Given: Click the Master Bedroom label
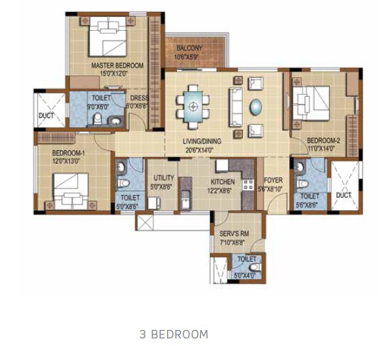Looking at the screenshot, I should [117, 65].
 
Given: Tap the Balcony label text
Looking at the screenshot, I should [189, 48].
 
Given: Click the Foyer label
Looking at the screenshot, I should [273, 180].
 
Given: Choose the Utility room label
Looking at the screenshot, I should [163, 178].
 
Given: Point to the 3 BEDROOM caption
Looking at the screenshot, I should [174, 334].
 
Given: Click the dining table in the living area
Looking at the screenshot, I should [193, 103].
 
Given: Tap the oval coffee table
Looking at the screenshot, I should [255, 105].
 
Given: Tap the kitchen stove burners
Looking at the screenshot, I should [248, 185].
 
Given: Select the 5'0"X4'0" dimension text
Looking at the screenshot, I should [244, 276].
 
